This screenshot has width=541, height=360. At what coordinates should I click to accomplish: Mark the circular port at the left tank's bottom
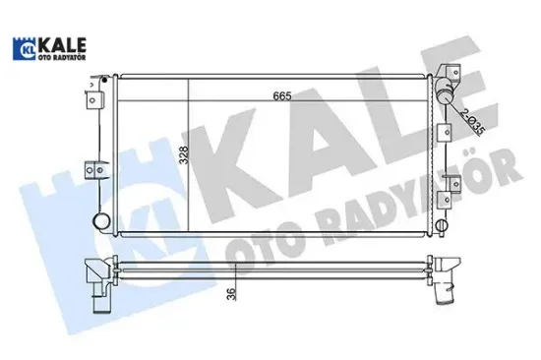(99, 221)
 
